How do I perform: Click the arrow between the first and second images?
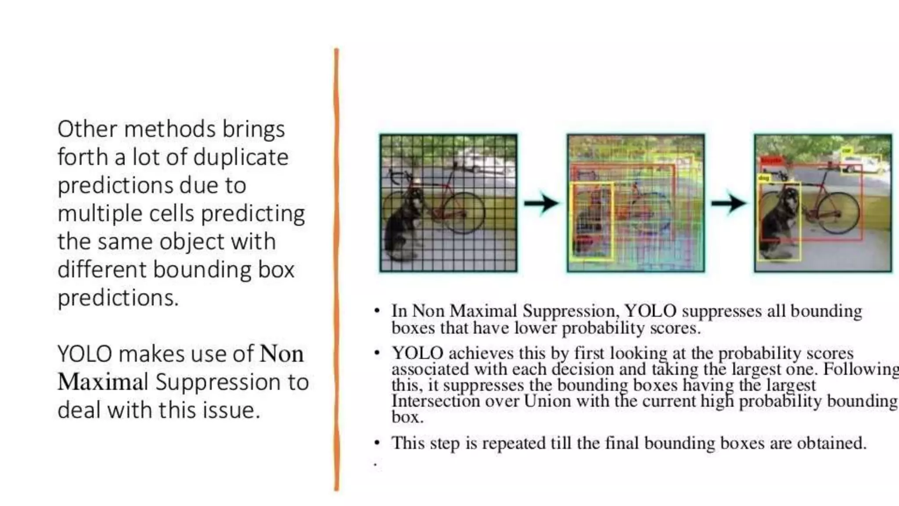(542, 203)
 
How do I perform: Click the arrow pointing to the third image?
(729, 203)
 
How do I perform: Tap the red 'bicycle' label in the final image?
(771, 160)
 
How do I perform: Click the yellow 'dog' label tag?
(764, 178)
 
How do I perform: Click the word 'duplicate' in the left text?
(241, 157)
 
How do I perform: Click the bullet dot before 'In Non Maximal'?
(377, 311)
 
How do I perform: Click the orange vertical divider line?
(337, 264)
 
